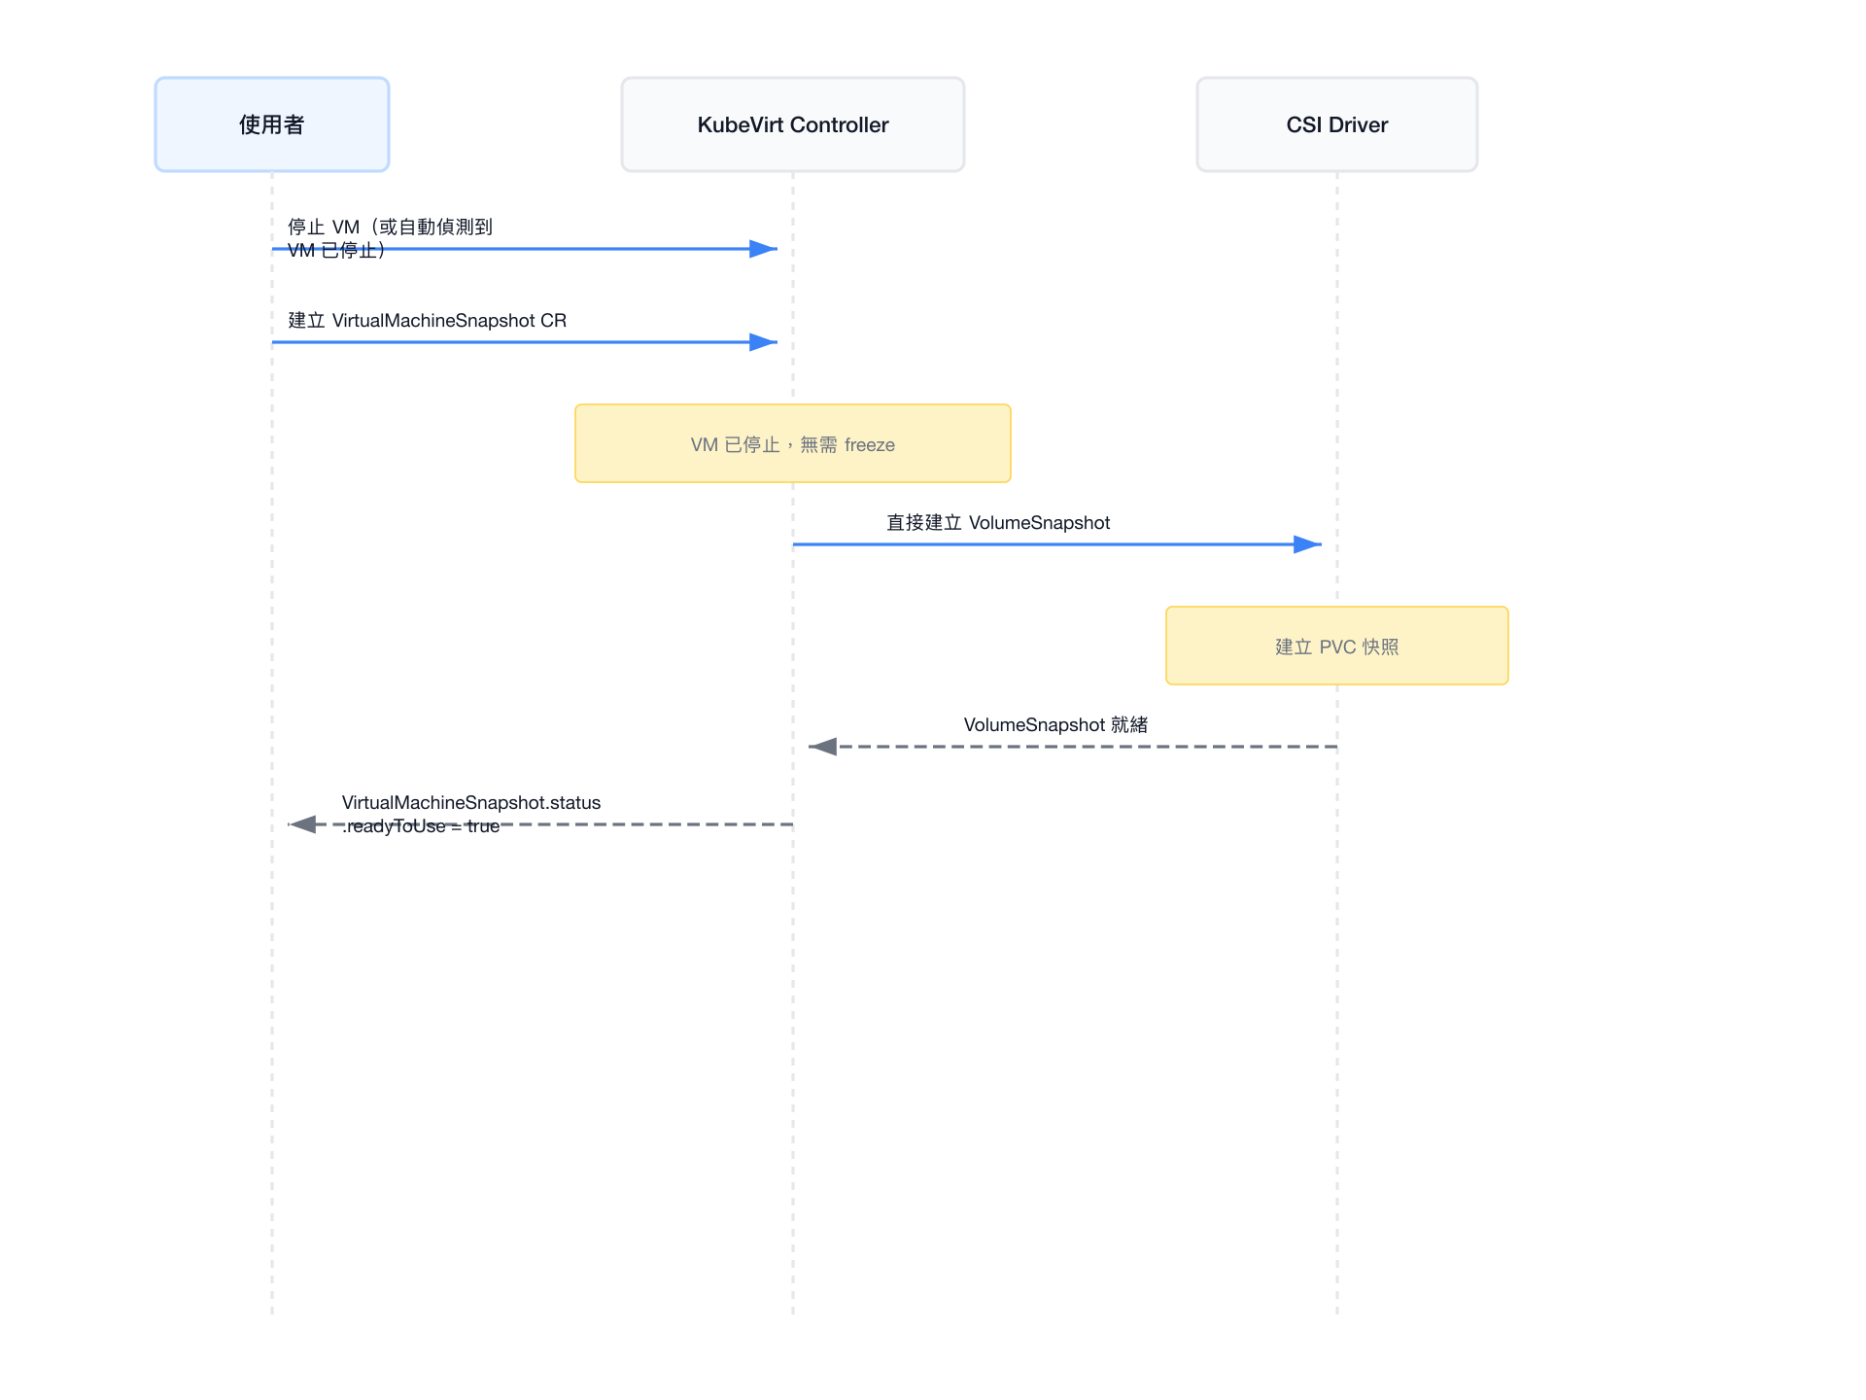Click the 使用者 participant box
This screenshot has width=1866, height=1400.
pyautogui.click(x=272, y=124)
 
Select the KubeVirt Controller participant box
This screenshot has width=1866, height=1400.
pyautogui.click(x=793, y=124)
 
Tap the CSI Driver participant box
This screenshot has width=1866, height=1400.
pyautogui.click(x=1337, y=124)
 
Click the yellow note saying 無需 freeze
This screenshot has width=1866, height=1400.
pyautogui.click(x=793, y=443)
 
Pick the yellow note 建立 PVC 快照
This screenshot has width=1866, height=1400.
pyautogui.click(x=1337, y=646)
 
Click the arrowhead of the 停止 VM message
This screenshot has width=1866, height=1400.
pyautogui.click(x=764, y=249)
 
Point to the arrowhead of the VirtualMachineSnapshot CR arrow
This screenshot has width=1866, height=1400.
pyautogui.click(x=764, y=342)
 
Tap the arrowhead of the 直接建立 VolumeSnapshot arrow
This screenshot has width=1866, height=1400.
pyautogui.click(x=1308, y=544)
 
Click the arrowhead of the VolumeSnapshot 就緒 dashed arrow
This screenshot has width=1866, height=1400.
pyautogui.click(x=822, y=747)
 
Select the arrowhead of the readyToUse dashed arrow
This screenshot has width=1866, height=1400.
pyautogui.click(x=301, y=824)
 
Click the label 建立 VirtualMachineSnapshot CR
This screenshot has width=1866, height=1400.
pyautogui.click(x=428, y=321)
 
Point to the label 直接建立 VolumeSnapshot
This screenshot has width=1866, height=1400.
pyautogui.click(x=998, y=523)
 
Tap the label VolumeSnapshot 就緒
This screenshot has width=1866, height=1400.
pyautogui.click(x=1055, y=725)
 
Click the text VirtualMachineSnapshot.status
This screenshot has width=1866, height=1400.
pyautogui.click(x=471, y=803)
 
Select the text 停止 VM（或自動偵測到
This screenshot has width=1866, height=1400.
pyautogui.click(x=391, y=227)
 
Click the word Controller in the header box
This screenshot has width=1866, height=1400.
pyautogui.click(x=840, y=124)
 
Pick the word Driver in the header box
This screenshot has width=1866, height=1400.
pyautogui.click(x=1359, y=124)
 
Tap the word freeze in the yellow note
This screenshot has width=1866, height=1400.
pyautogui.click(x=870, y=445)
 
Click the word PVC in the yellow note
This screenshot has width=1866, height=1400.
pyautogui.click(x=1337, y=647)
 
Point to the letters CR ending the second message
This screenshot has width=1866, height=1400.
pyautogui.click(x=554, y=321)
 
